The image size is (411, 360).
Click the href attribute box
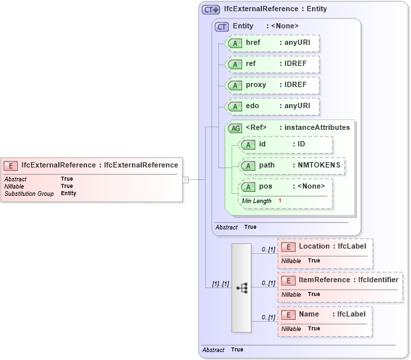pyautogui.click(x=272, y=43)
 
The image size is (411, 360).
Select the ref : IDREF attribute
pyautogui.click(x=272, y=64)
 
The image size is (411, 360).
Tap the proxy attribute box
pyautogui.click(x=272, y=85)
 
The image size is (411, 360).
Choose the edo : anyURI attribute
pyautogui.click(x=272, y=106)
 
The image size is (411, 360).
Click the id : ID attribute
pyautogui.click(x=286, y=144)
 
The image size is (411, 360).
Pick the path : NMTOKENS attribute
pyautogui.click(x=292, y=165)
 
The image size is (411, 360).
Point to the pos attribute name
pyautogui.click(x=265, y=187)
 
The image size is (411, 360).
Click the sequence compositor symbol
pyautogui.click(x=241, y=287)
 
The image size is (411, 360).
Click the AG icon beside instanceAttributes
pyautogui.click(x=235, y=128)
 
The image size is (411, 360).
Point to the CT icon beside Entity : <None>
pyautogui.click(x=222, y=26)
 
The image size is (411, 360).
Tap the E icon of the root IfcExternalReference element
pyautogui.click(x=11, y=165)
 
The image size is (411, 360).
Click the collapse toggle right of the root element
pyautogui.click(x=186, y=179)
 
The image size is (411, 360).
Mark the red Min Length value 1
pyautogui.click(x=280, y=200)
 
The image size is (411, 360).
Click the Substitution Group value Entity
pyautogui.click(x=69, y=194)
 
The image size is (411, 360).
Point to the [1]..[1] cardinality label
pyautogui.click(x=220, y=284)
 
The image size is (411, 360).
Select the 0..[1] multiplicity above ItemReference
pyautogui.click(x=268, y=283)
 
